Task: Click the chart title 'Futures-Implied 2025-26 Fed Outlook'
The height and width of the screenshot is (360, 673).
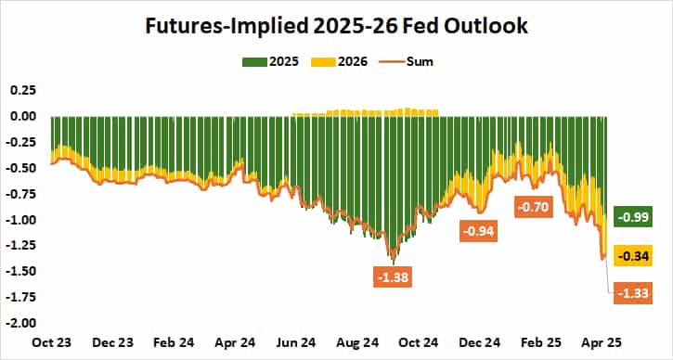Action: click(x=336, y=25)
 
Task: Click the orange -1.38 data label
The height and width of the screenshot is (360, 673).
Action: click(x=393, y=276)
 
